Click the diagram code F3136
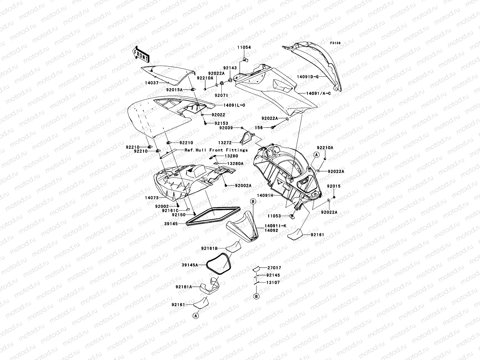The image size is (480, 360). point(335,43)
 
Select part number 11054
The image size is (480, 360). point(244,47)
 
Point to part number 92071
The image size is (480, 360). point(221,95)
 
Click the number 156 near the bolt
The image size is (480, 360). point(259,128)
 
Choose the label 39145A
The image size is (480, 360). point(190,265)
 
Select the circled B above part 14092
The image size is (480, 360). point(253,202)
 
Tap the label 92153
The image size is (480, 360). point(221,123)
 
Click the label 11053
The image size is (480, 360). point(274,216)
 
